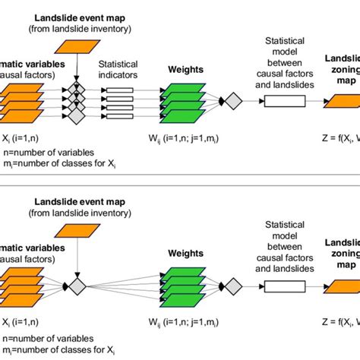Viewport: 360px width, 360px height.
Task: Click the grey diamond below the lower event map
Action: pyautogui.click(x=77, y=286)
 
